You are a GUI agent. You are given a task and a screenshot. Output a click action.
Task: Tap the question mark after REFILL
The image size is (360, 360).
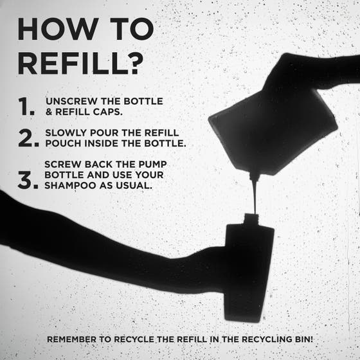click(x=135, y=64)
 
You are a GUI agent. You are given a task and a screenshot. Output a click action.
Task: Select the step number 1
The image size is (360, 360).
click(x=26, y=106)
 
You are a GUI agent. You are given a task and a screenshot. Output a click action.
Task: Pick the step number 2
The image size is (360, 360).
click(x=28, y=138)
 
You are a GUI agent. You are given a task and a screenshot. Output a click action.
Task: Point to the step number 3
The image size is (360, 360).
click(x=28, y=180)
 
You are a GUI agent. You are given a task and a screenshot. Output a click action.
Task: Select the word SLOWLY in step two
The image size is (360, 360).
click(x=66, y=132)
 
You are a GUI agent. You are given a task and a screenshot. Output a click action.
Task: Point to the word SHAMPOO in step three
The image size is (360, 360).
click(x=70, y=186)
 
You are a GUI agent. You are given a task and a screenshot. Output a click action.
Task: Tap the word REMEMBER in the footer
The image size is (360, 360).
click(x=71, y=339)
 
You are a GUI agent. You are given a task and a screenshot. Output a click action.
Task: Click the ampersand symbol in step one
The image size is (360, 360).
click(x=49, y=112)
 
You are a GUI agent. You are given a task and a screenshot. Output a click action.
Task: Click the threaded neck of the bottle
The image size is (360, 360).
click(x=251, y=219)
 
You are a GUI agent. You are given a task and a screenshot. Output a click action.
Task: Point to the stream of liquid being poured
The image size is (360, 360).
click(x=255, y=195)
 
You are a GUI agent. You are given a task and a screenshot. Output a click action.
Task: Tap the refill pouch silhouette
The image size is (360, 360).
click(x=273, y=131)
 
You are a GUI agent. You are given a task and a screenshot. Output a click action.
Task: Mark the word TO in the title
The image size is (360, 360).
click(x=132, y=29)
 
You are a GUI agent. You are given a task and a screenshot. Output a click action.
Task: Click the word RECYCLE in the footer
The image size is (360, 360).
click(x=134, y=339)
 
